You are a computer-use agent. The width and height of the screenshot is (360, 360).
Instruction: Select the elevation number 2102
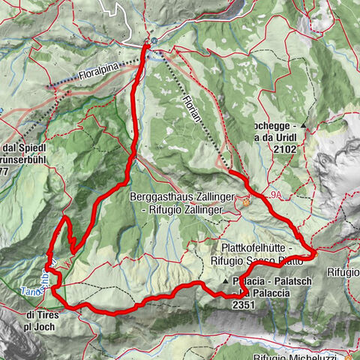point(287,149)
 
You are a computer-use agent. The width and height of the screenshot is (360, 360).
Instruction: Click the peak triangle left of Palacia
point(226,281)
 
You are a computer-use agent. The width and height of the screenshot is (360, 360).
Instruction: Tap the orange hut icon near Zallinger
point(245,200)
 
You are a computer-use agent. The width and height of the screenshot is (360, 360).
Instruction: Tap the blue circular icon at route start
point(153,41)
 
